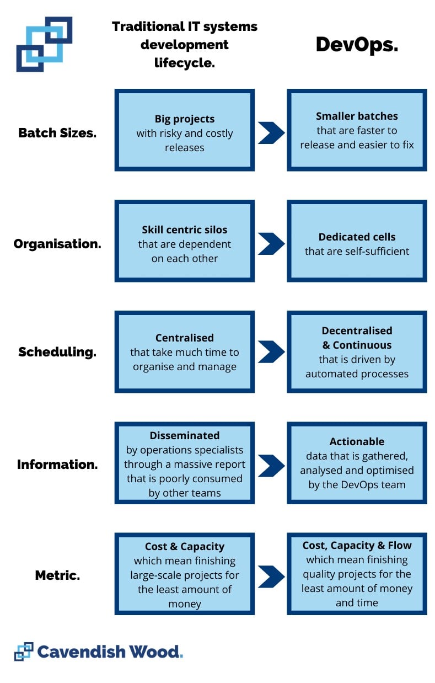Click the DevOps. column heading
[357, 45]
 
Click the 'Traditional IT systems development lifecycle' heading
[185, 45]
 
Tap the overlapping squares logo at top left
[44, 44]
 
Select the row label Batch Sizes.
[57, 133]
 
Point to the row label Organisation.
[57, 244]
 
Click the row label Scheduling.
[57, 352]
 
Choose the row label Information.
[57, 464]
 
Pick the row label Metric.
[57, 575]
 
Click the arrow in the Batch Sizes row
[271, 132]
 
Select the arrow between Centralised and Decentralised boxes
[271, 352]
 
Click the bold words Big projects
[185, 119]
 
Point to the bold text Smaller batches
[357, 116]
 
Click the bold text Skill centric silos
[185, 230]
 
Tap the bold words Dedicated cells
[357, 237]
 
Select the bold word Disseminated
[185, 435]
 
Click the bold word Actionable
[357, 441]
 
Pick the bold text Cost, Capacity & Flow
[357, 545]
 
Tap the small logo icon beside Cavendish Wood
[24, 652]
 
